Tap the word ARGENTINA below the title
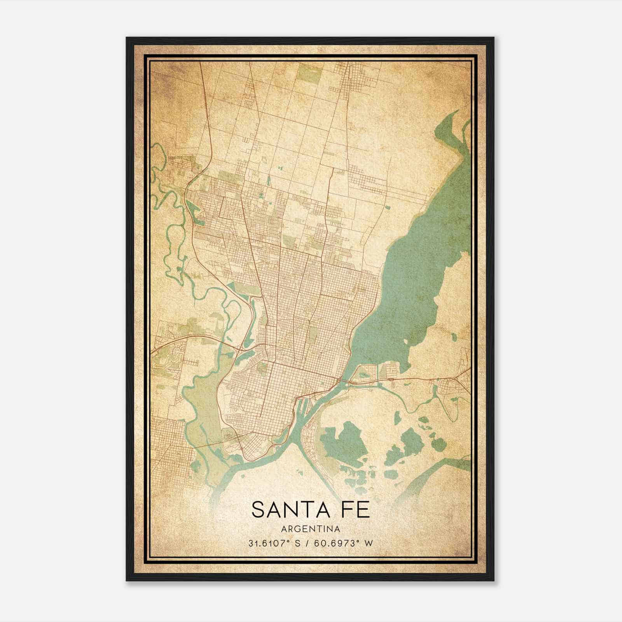point(311,529)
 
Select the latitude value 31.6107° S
point(272,543)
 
